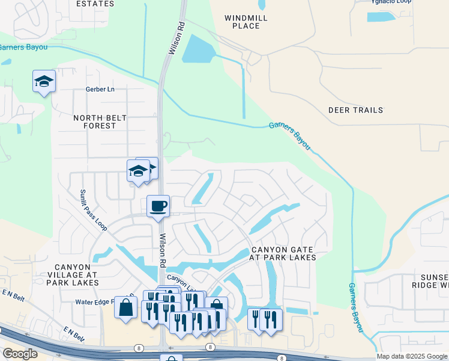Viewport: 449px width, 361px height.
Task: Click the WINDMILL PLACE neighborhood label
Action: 246,22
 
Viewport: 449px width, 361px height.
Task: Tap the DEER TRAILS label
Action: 355,110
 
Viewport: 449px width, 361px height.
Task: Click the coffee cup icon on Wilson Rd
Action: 158,206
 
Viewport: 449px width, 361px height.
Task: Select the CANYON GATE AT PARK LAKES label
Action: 283,253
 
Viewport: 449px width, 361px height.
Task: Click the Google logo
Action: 20,354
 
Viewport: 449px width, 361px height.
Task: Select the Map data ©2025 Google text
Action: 411,356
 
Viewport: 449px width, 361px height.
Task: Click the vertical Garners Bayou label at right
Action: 357,307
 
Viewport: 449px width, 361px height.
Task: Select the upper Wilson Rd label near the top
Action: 176,40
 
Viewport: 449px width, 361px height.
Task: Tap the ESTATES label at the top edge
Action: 95,4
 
